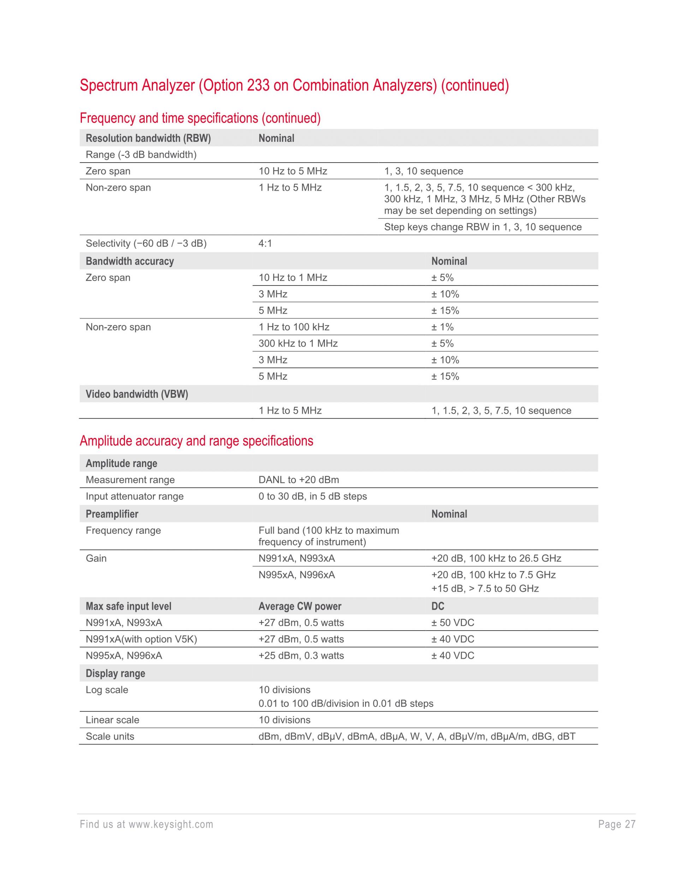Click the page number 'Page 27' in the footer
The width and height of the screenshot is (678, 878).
pos(617,825)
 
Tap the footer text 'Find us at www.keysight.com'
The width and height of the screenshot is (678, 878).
pos(147,825)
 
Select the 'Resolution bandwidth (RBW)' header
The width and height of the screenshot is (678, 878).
pos(148,138)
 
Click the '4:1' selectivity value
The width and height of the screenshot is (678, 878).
pos(265,244)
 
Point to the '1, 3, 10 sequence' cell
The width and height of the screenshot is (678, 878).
pos(423,171)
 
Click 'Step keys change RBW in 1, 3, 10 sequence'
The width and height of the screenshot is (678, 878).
pos(482,227)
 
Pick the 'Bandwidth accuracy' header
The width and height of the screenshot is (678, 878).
pos(130,261)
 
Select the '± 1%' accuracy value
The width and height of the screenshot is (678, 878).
pos(442,327)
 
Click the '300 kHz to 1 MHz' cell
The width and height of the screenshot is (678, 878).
pos(298,344)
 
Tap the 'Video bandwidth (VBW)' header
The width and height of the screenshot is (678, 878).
pos(137,394)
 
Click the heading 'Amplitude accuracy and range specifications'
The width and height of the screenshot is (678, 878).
pos(196,441)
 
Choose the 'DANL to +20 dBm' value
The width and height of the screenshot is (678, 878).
pos(298,480)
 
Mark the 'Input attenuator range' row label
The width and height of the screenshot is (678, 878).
pos(135,497)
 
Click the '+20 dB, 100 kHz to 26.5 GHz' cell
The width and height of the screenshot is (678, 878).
pos(496,558)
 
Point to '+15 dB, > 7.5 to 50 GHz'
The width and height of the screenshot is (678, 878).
pos(485,589)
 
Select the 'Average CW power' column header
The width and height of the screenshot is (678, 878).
pos(300,606)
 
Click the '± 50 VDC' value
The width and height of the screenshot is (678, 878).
pos(453,623)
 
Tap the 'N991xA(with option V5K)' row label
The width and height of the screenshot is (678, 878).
pos(141,639)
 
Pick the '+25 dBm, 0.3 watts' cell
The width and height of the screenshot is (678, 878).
pos(301,656)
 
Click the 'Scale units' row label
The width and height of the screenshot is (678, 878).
pos(110,737)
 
